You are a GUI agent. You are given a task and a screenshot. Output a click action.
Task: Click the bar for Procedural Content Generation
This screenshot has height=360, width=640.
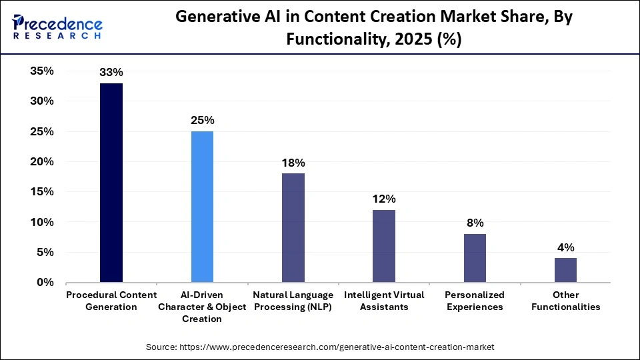[111, 183]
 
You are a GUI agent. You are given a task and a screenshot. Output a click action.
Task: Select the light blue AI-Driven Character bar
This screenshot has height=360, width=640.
[202, 207]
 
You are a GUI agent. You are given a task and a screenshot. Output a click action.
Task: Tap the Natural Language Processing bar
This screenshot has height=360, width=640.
[293, 227]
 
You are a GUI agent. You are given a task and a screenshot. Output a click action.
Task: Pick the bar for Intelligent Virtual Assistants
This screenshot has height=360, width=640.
[384, 246]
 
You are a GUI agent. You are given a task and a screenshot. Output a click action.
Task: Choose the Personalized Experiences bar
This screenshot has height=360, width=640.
[475, 258]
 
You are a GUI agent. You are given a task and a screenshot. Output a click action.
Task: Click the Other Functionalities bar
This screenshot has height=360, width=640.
[565, 270]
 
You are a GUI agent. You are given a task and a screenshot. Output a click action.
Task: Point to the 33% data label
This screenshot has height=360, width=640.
[111, 72]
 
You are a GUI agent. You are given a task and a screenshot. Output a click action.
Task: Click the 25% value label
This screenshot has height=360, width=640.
[202, 121]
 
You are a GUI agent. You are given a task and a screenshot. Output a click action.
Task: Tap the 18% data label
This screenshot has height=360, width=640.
[293, 163]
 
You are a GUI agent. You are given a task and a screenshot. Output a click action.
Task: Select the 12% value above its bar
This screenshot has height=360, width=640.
[384, 199]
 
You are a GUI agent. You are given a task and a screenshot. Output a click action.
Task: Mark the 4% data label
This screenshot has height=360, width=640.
[565, 247]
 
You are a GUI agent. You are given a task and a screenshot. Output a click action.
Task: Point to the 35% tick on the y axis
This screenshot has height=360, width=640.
[42, 71]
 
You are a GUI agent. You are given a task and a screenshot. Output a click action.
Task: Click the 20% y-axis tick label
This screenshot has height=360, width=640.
[42, 162]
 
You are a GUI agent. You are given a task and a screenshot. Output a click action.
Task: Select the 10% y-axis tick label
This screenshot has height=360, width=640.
[42, 222]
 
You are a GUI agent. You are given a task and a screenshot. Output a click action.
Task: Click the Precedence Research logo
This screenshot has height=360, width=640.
[57, 27]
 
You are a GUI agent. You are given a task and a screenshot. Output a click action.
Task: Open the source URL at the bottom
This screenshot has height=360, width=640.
[320, 347]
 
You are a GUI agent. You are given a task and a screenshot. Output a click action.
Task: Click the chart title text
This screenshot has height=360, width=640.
[373, 29]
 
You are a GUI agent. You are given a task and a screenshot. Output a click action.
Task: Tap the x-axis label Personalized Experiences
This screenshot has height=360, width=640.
[475, 301]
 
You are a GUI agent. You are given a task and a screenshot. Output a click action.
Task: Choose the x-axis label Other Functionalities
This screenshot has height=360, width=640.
[565, 301]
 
